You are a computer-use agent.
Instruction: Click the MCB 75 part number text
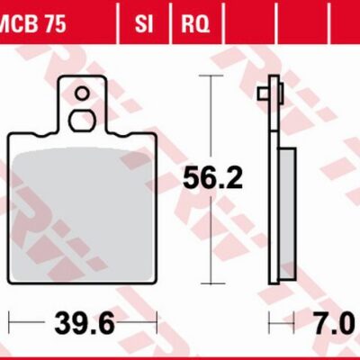point(33,23)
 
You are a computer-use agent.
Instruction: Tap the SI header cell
point(144,23)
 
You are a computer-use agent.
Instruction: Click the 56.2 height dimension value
point(212,178)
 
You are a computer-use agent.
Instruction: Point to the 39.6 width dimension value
point(85,323)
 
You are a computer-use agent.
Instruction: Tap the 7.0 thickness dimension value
point(332,323)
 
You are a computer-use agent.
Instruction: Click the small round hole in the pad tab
point(82,94)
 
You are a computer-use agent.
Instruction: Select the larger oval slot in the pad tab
point(81,121)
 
